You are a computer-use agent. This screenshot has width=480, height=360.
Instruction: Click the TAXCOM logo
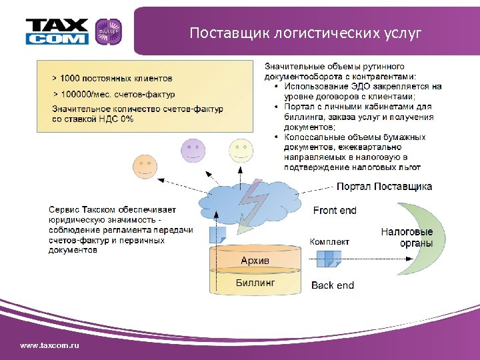tap(57, 31)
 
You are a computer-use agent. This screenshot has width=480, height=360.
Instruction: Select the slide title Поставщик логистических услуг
tap(305, 33)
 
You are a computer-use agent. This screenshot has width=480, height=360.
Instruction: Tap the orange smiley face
tap(145, 164)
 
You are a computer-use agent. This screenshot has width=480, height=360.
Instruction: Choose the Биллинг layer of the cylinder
tap(255, 283)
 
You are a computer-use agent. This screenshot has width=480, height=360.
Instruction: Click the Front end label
tap(335, 211)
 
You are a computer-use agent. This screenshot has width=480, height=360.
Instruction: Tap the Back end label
tap(333, 285)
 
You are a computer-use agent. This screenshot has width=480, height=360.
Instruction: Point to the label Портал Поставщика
tap(384, 187)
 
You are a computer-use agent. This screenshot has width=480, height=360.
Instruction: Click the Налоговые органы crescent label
tap(407, 237)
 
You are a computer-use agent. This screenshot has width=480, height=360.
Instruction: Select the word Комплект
tap(329, 241)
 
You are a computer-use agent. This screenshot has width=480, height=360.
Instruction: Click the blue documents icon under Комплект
tap(329, 259)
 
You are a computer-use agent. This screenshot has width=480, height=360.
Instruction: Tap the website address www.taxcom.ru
tap(49, 345)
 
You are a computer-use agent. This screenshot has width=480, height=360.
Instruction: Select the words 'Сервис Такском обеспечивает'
tap(113, 209)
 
